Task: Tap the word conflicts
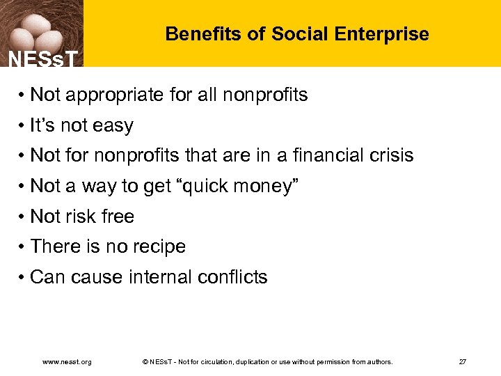click(x=232, y=277)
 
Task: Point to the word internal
click(x=160, y=277)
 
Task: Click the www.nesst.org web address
click(x=67, y=362)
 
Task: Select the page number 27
click(x=463, y=362)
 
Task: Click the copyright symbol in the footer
click(x=144, y=362)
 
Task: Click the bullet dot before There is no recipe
click(x=23, y=247)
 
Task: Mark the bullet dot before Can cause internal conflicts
click(x=23, y=278)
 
